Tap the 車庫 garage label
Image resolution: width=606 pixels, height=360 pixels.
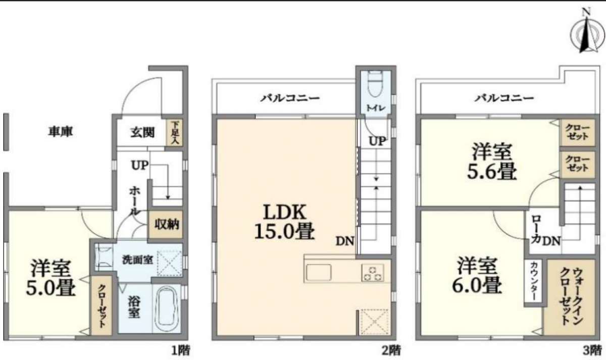pyautogui.click(x=61, y=132)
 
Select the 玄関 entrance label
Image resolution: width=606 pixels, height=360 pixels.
pyautogui.click(x=142, y=132)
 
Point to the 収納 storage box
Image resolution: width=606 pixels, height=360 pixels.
pyautogui.click(x=166, y=225)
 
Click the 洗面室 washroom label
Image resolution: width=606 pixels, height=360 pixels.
pyautogui.click(x=138, y=260)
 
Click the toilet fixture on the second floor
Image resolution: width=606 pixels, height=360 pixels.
pyautogui.click(x=376, y=84)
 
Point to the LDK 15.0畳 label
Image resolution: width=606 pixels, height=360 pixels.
pyautogui.click(x=285, y=222)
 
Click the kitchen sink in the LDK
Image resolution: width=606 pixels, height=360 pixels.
pyautogui.click(x=319, y=272)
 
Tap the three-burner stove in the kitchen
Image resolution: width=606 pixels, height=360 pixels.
pyautogui.click(x=373, y=273)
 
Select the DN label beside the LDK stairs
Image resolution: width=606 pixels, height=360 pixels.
pyautogui.click(x=345, y=241)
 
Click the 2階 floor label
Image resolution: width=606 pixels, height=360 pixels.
pyautogui.click(x=391, y=350)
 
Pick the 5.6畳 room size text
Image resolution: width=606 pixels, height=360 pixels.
pyautogui.click(x=492, y=171)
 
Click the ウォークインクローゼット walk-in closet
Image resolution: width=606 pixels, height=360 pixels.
pyautogui.click(x=570, y=297)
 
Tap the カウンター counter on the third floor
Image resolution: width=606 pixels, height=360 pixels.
pyautogui.click(x=533, y=281)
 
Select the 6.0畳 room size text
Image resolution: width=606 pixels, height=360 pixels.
pyautogui.click(x=477, y=285)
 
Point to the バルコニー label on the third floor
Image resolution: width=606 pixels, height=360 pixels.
pyautogui.click(x=504, y=98)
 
